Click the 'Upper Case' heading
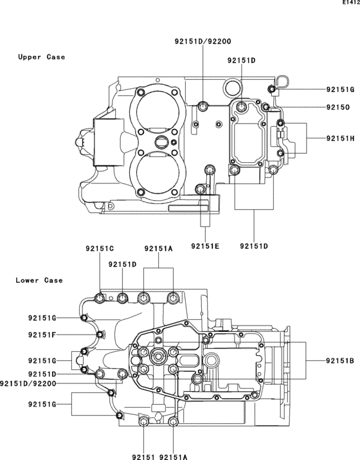tap(41, 57)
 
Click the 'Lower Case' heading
tap(39, 281)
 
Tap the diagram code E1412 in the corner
tap(350, 3)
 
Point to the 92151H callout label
tap(340, 138)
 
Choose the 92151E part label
tap(205, 246)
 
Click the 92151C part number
tap(100, 248)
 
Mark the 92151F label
tap(42, 335)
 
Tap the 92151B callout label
tap(340, 361)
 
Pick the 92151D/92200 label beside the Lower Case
tap(29, 384)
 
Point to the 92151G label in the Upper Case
tap(340, 89)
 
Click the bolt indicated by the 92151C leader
tap(100, 298)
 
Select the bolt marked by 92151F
tap(100, 335)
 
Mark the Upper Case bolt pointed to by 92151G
tap(272, 89)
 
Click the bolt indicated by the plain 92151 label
tap(143, 422)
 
